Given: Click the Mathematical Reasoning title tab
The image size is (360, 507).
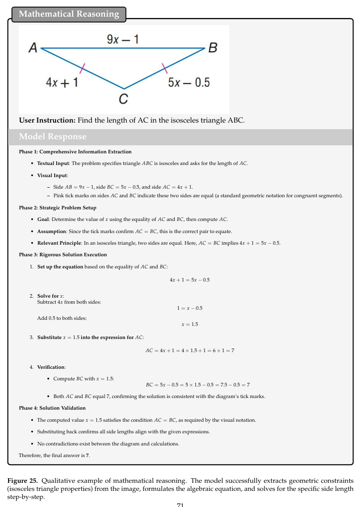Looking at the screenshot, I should [x=69, y=14].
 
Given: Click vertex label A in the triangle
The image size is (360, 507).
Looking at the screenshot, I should [x=33, y=48].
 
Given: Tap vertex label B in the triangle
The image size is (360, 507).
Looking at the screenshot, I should [x=213, y=48].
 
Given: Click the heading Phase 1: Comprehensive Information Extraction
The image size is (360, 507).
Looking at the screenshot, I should [x=75, y=151].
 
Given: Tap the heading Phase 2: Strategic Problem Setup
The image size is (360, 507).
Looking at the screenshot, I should [x=58, y=207].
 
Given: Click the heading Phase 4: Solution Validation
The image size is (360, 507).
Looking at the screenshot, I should [x=52, y=408].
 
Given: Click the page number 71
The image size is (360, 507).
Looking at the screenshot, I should [x=180, y=504].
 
